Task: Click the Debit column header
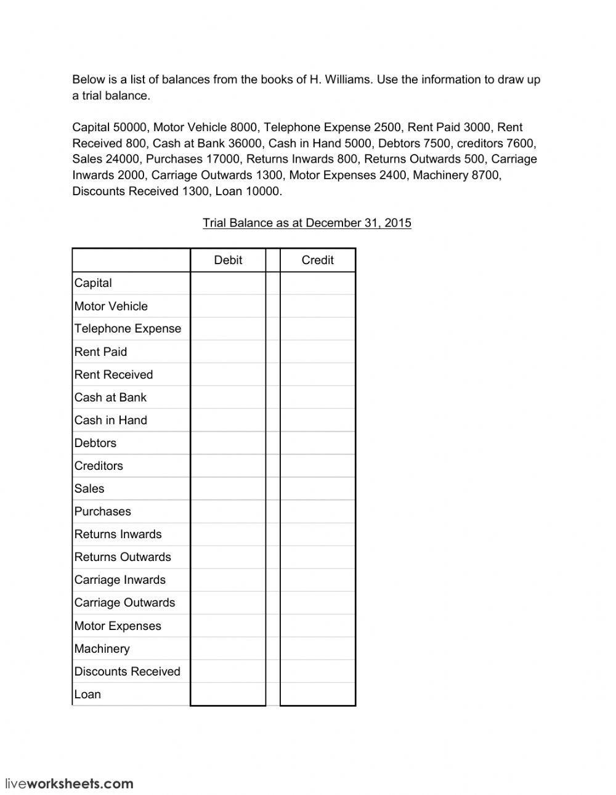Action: (228, 260)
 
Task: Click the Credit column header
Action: (317, 260)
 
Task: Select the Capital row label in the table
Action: (93, 283)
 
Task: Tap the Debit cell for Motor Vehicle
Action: (228, 306)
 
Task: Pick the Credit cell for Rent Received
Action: (317, 374)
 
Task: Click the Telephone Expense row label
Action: (128, 329)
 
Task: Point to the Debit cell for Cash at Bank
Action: (228, 397)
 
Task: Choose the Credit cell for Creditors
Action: (317, 466)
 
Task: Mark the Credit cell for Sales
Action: (317, 488)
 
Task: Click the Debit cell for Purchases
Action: (228, 511)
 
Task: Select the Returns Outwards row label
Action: (123, 557)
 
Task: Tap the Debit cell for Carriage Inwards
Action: (228, 580)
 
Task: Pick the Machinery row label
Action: (102, 649)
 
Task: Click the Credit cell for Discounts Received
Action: (317, 672)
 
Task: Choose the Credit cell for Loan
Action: (317, 695)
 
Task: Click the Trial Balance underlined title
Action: (307, 223)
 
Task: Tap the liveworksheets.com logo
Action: (69, 784)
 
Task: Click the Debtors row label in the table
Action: (95, 443)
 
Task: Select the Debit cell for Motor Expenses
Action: (228, 626)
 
